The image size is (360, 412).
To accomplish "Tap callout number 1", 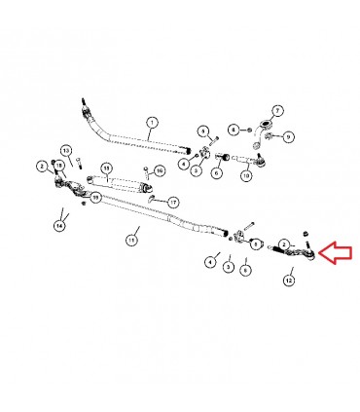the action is pyautogui.click(x=152, y=123).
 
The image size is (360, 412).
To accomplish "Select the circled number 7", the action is pyautogui.click(x=276, y=111).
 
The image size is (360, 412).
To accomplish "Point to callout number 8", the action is pyautogui.click(x=234, y=129).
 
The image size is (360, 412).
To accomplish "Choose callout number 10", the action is pyautogui.click(x=246, y=175).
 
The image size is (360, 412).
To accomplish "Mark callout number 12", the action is pyautogui.click(x=289, y=280).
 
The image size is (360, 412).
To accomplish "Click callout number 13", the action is pyautogui.click(x=66, y=150).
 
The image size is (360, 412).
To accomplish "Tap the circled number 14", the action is pyautogui.click(x=60, y=225).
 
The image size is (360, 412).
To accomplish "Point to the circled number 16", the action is pyautogui.click(x=161, y=171).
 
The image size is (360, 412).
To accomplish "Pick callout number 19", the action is pyautogui.click(x=95, y=199).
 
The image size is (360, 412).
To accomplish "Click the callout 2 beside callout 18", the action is pyautogui.click(x=43, y=167).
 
